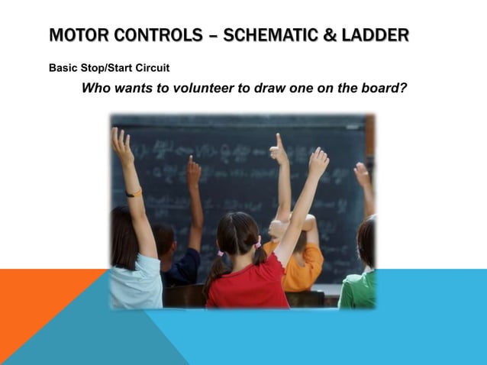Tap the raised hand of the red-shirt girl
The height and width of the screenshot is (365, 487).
(318, 162)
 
